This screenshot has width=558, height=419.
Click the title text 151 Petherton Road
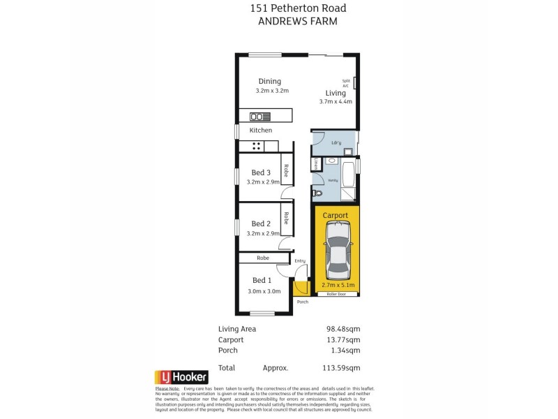pos(278,8)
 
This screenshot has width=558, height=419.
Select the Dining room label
pos(269,81)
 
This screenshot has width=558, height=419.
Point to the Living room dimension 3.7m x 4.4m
pos(335,101)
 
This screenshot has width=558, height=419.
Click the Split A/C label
pos(346,82)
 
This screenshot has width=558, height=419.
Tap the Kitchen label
pos(261,131)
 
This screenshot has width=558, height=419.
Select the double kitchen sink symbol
pos(259,117)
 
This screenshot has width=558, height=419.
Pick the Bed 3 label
pos(261,172)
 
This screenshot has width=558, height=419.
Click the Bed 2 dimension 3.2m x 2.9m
pos(263,233)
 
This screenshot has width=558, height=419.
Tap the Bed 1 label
pos(261,280)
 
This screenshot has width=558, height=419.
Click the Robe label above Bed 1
pos(262,258)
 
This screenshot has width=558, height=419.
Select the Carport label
pos(336,216)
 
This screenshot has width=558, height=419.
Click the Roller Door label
pos(336,295)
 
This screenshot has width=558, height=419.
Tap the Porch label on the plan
pos(302,302)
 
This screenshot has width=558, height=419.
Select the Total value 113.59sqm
pos(343,367)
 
